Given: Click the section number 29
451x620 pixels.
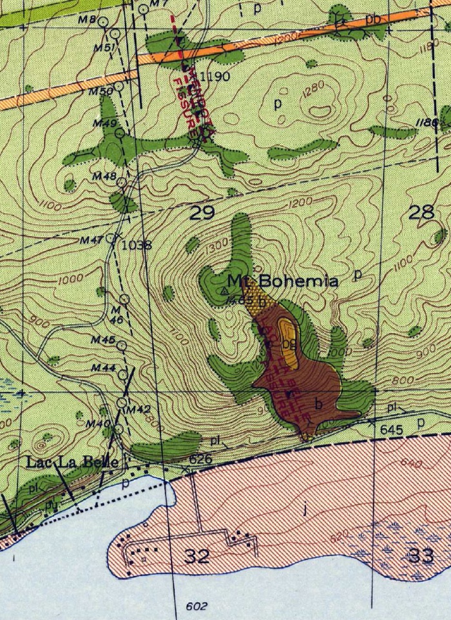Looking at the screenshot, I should [202, 212].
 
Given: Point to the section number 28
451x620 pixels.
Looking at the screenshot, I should [421, 212].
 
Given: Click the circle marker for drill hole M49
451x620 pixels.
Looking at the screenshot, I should [119, 134].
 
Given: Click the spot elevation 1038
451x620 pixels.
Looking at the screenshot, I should [131, 245].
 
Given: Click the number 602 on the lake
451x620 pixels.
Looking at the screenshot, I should [192, 606].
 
